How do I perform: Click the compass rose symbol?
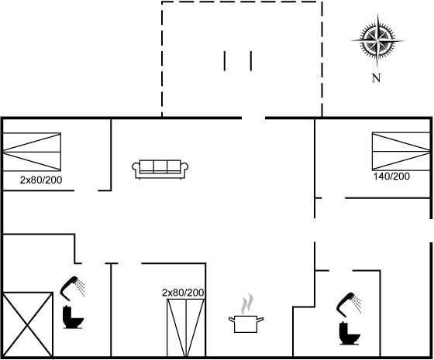(x=377, y=40)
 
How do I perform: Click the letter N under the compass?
(x=376, y=78)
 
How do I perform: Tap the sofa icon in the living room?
(x=160, y=169)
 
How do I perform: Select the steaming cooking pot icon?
(x=246, y=314)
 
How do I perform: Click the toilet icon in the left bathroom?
(x=73, y=317)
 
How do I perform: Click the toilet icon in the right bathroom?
(x=350, y=333)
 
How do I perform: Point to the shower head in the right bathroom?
(x=349, y=305)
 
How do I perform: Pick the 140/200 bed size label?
(x=391, y=177)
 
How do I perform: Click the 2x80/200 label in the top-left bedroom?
(x=41, y=180)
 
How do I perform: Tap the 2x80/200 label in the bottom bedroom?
(x=183, y=293)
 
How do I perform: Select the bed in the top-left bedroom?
(x=32, y=152)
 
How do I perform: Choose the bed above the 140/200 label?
(x=401, y=151)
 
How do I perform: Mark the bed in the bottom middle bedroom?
(x=186, y=328)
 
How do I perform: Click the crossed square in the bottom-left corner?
(x=28, y=324)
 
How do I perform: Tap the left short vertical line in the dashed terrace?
(x=225, y=61)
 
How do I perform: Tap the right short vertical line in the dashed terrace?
(x=251, y=61)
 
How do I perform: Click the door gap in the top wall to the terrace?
(x=253, y=118)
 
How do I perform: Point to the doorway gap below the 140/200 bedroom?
(x=333, y=198)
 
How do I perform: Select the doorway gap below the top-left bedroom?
(x=86, y=190)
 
